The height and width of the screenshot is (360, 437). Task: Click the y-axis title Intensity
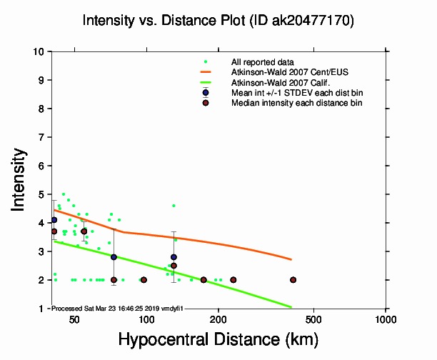pos(21,179)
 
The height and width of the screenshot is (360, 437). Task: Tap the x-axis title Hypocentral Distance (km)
pos(218,338)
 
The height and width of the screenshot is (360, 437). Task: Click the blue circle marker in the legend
pos(206,93)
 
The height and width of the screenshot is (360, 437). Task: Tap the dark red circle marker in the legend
pos(206,103)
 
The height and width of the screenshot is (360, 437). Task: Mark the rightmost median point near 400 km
pos(292,280)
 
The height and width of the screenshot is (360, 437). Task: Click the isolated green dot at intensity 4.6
pos(174,206)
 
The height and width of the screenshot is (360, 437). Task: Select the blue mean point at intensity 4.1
pos(54,220)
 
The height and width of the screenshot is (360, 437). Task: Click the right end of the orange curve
pos(292,259)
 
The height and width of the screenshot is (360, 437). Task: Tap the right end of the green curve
pos(292,307)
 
